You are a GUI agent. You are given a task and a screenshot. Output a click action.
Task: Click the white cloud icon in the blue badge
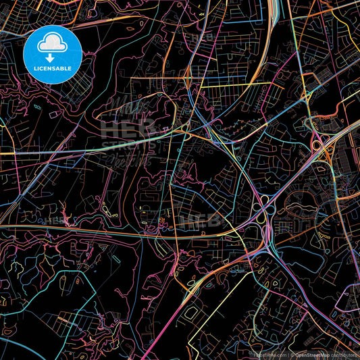[53, 45]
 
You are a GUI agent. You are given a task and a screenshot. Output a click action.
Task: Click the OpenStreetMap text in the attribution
[308, 354]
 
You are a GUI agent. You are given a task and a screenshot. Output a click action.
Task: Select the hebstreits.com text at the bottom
[269, 354]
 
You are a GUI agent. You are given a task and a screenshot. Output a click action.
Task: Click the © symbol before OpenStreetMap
[290, 354]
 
